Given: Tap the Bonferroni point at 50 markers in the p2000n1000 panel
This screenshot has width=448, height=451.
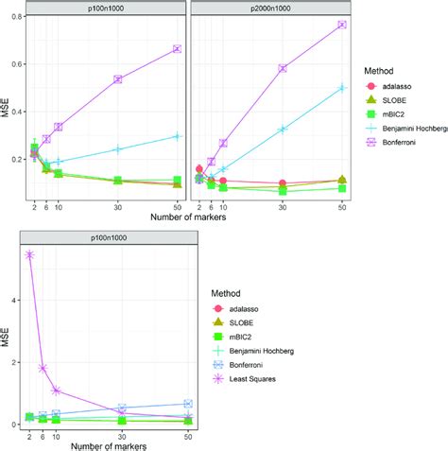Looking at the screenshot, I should [x=342, y=25].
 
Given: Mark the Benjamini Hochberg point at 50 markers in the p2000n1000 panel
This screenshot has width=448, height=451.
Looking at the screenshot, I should [x=342, y=87].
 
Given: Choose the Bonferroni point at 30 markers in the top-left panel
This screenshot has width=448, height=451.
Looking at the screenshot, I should [x=118, y=79].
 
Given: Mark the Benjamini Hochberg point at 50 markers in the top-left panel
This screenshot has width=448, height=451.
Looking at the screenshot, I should [x=177, y=136].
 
